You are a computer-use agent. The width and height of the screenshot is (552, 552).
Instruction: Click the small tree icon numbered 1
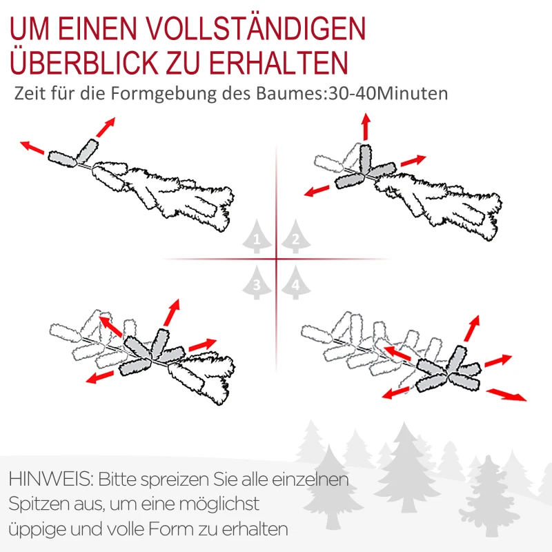[x=257, y=238]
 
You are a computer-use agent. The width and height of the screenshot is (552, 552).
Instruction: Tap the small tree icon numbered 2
[x=295, y=238]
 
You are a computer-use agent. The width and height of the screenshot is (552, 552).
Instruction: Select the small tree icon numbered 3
[x=257, y=282]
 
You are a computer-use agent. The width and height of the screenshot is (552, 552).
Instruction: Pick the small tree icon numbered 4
[x=295, y=282]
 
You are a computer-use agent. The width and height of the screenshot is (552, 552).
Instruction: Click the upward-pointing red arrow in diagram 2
[x=365, y=128]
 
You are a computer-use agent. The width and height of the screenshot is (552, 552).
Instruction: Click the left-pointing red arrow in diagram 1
[x=32, y=147]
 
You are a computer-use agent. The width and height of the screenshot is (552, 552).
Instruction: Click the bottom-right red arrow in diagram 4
[x=506, y=394]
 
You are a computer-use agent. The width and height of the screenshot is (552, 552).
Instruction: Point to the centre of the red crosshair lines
[x=276, y=259]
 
